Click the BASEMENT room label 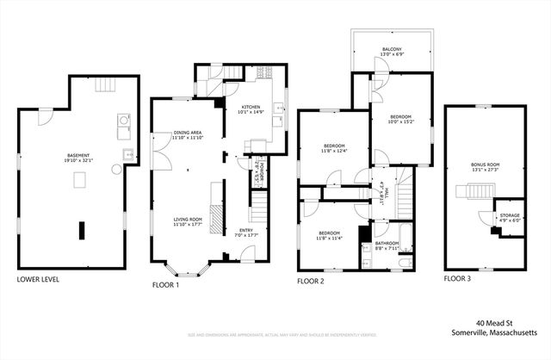click(x=78, y=158)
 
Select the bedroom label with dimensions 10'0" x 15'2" click(x=401, y=119)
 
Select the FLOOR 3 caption click(x=462, y=279)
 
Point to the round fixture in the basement click(x=117, y=169)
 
